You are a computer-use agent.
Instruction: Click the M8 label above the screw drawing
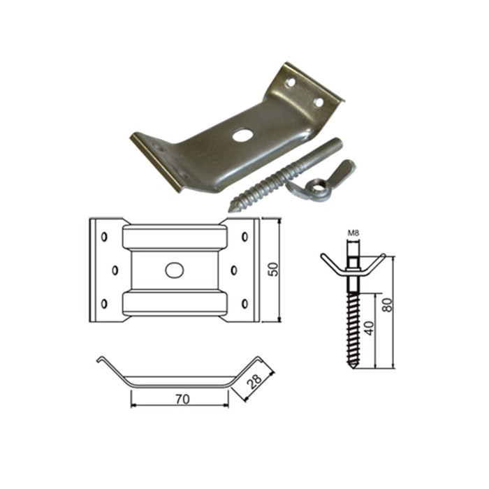coord(353,233)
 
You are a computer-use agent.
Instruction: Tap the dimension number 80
coord(387,305)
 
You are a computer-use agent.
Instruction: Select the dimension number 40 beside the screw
coord(370,328)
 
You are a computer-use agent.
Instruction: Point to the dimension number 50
coord(273,269)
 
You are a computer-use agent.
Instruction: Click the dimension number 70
coord(182,399)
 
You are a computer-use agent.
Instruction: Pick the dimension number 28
coord(254,381)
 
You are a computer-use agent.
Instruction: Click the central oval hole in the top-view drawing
coord(175,270)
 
